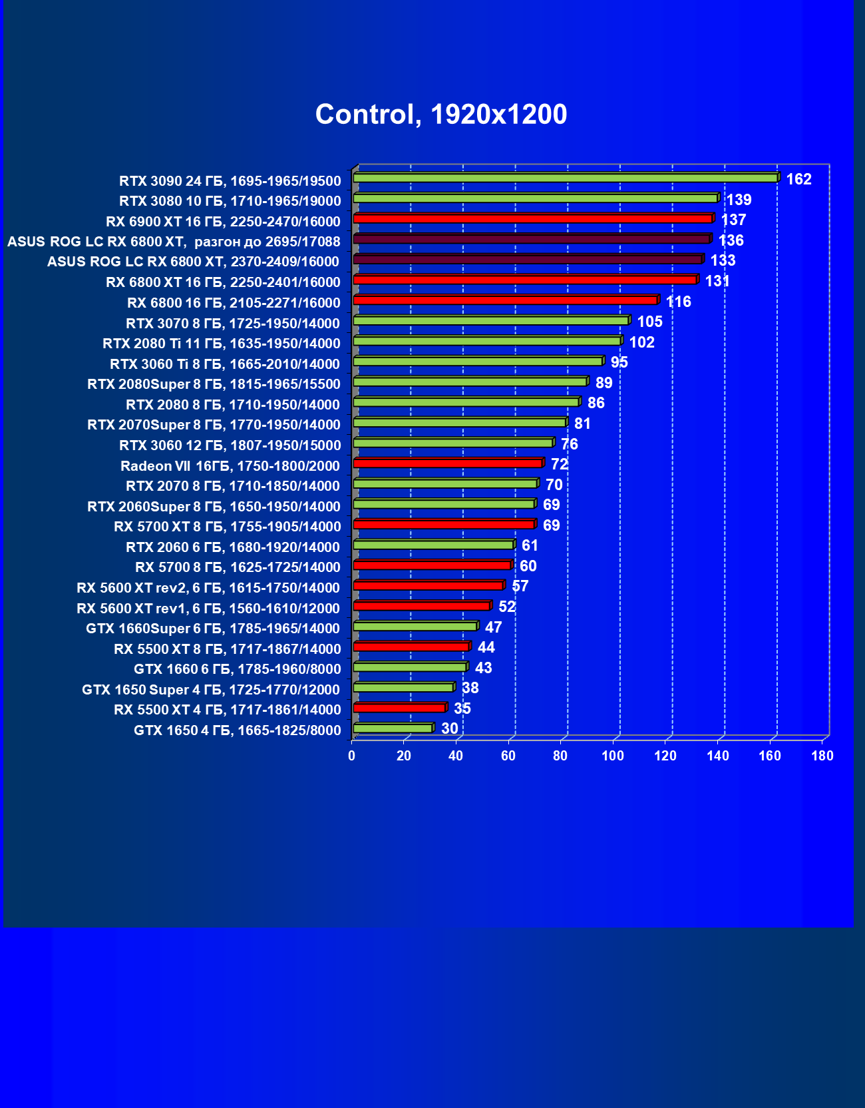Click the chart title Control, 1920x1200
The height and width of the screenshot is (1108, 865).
(x=441, y=115)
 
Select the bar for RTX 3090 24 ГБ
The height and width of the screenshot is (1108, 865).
(x=566, y=178)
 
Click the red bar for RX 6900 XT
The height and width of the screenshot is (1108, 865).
(x=532, y=218)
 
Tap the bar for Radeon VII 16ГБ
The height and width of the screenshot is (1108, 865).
(x=448, y=463)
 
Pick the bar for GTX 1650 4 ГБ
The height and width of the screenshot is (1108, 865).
(x=393, y=728)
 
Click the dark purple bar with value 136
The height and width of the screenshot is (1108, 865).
(x=531, y=239)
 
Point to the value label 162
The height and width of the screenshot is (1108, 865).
(x=798, y=179)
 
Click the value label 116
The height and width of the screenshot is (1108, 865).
(x=678, y=302)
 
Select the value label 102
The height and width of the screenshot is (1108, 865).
(x=641, y=342)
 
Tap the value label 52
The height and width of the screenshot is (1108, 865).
(x=506, y=607)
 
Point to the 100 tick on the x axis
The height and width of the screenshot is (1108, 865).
(x=613, y=756)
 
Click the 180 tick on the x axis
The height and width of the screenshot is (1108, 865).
(x=822, y=756)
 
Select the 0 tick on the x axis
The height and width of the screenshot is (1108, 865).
(x=351, y=756)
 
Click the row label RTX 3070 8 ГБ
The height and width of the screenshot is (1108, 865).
(x=233, y=324)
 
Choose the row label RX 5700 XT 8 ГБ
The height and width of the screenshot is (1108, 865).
(x=227, y=527)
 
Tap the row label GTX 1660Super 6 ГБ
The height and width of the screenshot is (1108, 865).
(x=213, y=629)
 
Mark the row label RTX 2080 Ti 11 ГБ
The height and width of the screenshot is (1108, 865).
(x=221, y=344)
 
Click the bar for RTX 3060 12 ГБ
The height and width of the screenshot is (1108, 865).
(x=452, y=443)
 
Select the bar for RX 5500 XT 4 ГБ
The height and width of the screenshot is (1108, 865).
(x=399, y=708)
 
